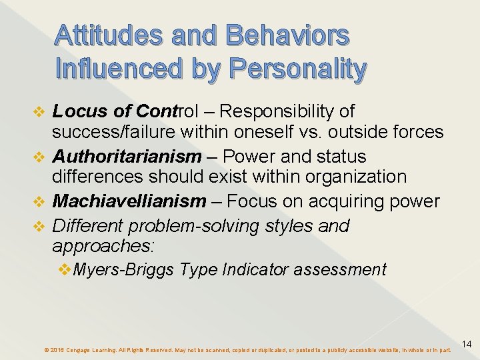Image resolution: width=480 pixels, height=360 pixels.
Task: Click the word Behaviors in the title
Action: (288, 35)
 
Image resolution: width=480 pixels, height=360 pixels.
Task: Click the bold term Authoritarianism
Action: (127, 157)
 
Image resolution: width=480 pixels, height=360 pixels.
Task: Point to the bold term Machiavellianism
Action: (129, 201)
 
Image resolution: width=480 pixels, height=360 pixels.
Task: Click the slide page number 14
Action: (467, 344)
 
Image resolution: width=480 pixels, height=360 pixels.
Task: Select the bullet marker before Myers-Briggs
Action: (65, 269)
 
